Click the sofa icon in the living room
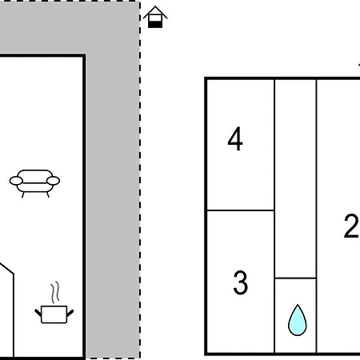[34, 183]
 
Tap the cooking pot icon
[54, 314]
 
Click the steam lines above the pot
[55, 292]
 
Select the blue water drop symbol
[298, 320]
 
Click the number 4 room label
[235, 138]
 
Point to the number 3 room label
[241, 282]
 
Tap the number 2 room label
[351, 226]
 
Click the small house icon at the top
[155, 17]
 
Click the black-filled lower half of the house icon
[155, 24]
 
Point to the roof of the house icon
[155, 10]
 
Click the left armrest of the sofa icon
[16, 181]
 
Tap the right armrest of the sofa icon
[53, 181]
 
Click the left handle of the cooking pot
[38, 313]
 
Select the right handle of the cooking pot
[70, 313]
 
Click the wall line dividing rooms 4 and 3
[241, 210]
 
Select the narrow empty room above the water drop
[295, 178]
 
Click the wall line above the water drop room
[295, 278]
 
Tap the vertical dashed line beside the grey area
[140, 179]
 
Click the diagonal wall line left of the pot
[6, 268]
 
